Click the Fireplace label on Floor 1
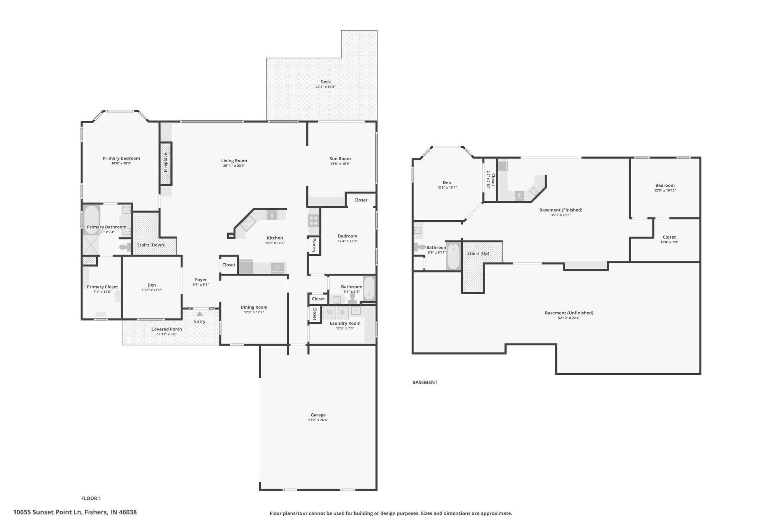[166, 163]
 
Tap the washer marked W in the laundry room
[330, 312]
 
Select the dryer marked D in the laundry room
[343, 312]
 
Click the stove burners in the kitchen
[314, 220]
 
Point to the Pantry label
[314, 245]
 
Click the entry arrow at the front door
[200, 314]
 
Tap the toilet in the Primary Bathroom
[124, 247]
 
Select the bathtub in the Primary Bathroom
[91, 219]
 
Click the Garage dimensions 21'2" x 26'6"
[318, 420]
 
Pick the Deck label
[326, 82]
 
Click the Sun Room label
[340, 159]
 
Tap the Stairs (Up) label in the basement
[478, 253]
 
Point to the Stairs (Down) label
[151, 245]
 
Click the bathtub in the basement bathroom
[454, 256]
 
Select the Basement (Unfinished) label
[569, 313]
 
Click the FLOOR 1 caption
[91, 498]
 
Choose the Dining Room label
[254, 307]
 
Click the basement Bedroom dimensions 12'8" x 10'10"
[665, 190]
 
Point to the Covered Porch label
[166, 329]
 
